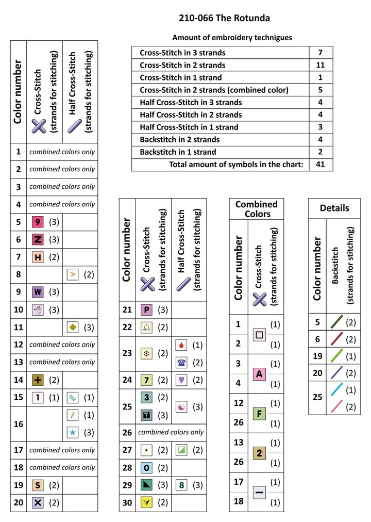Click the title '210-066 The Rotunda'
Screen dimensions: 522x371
coord(224,19)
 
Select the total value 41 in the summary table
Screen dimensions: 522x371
coord(321,165)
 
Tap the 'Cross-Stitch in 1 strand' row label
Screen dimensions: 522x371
coord(181,77)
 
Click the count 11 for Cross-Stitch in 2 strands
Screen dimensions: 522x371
coord(321,65)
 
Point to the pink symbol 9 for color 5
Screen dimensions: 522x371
coord(38,222)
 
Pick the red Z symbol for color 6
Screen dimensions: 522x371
coord(38,240)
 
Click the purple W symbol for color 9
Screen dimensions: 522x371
coord(38,292)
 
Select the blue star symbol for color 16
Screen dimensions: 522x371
coord(73,432)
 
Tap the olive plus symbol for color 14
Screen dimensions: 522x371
coord(38,380)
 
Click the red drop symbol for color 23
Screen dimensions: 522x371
coord(181,345)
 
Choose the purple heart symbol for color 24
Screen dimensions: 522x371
coord(181,380)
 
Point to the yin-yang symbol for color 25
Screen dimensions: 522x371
coord(181,406)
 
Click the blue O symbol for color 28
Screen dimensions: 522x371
coord(147,468)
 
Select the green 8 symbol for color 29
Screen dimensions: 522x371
coord(181,485)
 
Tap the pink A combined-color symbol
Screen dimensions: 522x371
coord(260,373)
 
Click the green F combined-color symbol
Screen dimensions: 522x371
coord(260,413)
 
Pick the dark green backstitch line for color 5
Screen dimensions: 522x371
coord(336,322)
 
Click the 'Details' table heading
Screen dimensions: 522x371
coord(334,208)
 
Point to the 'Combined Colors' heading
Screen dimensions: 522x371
coord(257,209)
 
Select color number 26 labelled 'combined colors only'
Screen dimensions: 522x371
coord(127,432)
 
